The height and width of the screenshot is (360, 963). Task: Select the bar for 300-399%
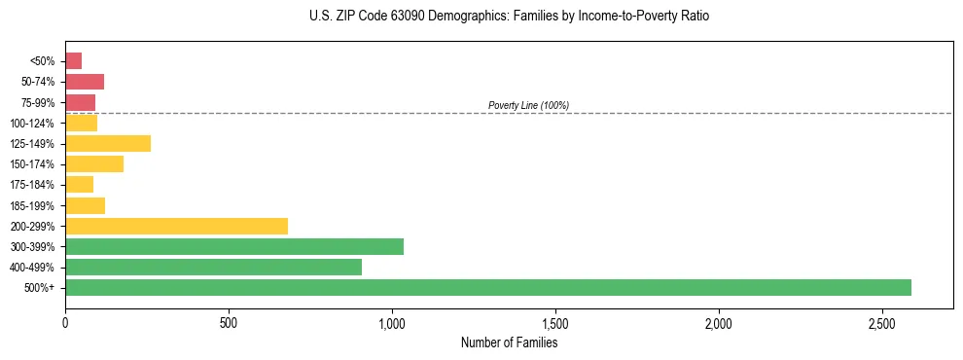pos(234,246)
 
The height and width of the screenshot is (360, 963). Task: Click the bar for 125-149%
pos(108,143)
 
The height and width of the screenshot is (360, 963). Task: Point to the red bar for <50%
pos(73,61)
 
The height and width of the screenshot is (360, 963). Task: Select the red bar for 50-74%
pos(85,82)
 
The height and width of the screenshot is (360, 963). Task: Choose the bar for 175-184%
pos(79,185)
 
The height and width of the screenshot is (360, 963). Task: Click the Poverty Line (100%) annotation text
pos(528,105)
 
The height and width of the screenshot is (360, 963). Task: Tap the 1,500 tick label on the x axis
pos(554,322)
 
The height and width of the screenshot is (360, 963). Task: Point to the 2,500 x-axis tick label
pos(881,322)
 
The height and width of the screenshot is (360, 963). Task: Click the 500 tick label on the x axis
pos(229,322)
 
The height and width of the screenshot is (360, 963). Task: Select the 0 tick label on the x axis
pos(65,322)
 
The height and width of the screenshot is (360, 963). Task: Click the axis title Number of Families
pos(509,342)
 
